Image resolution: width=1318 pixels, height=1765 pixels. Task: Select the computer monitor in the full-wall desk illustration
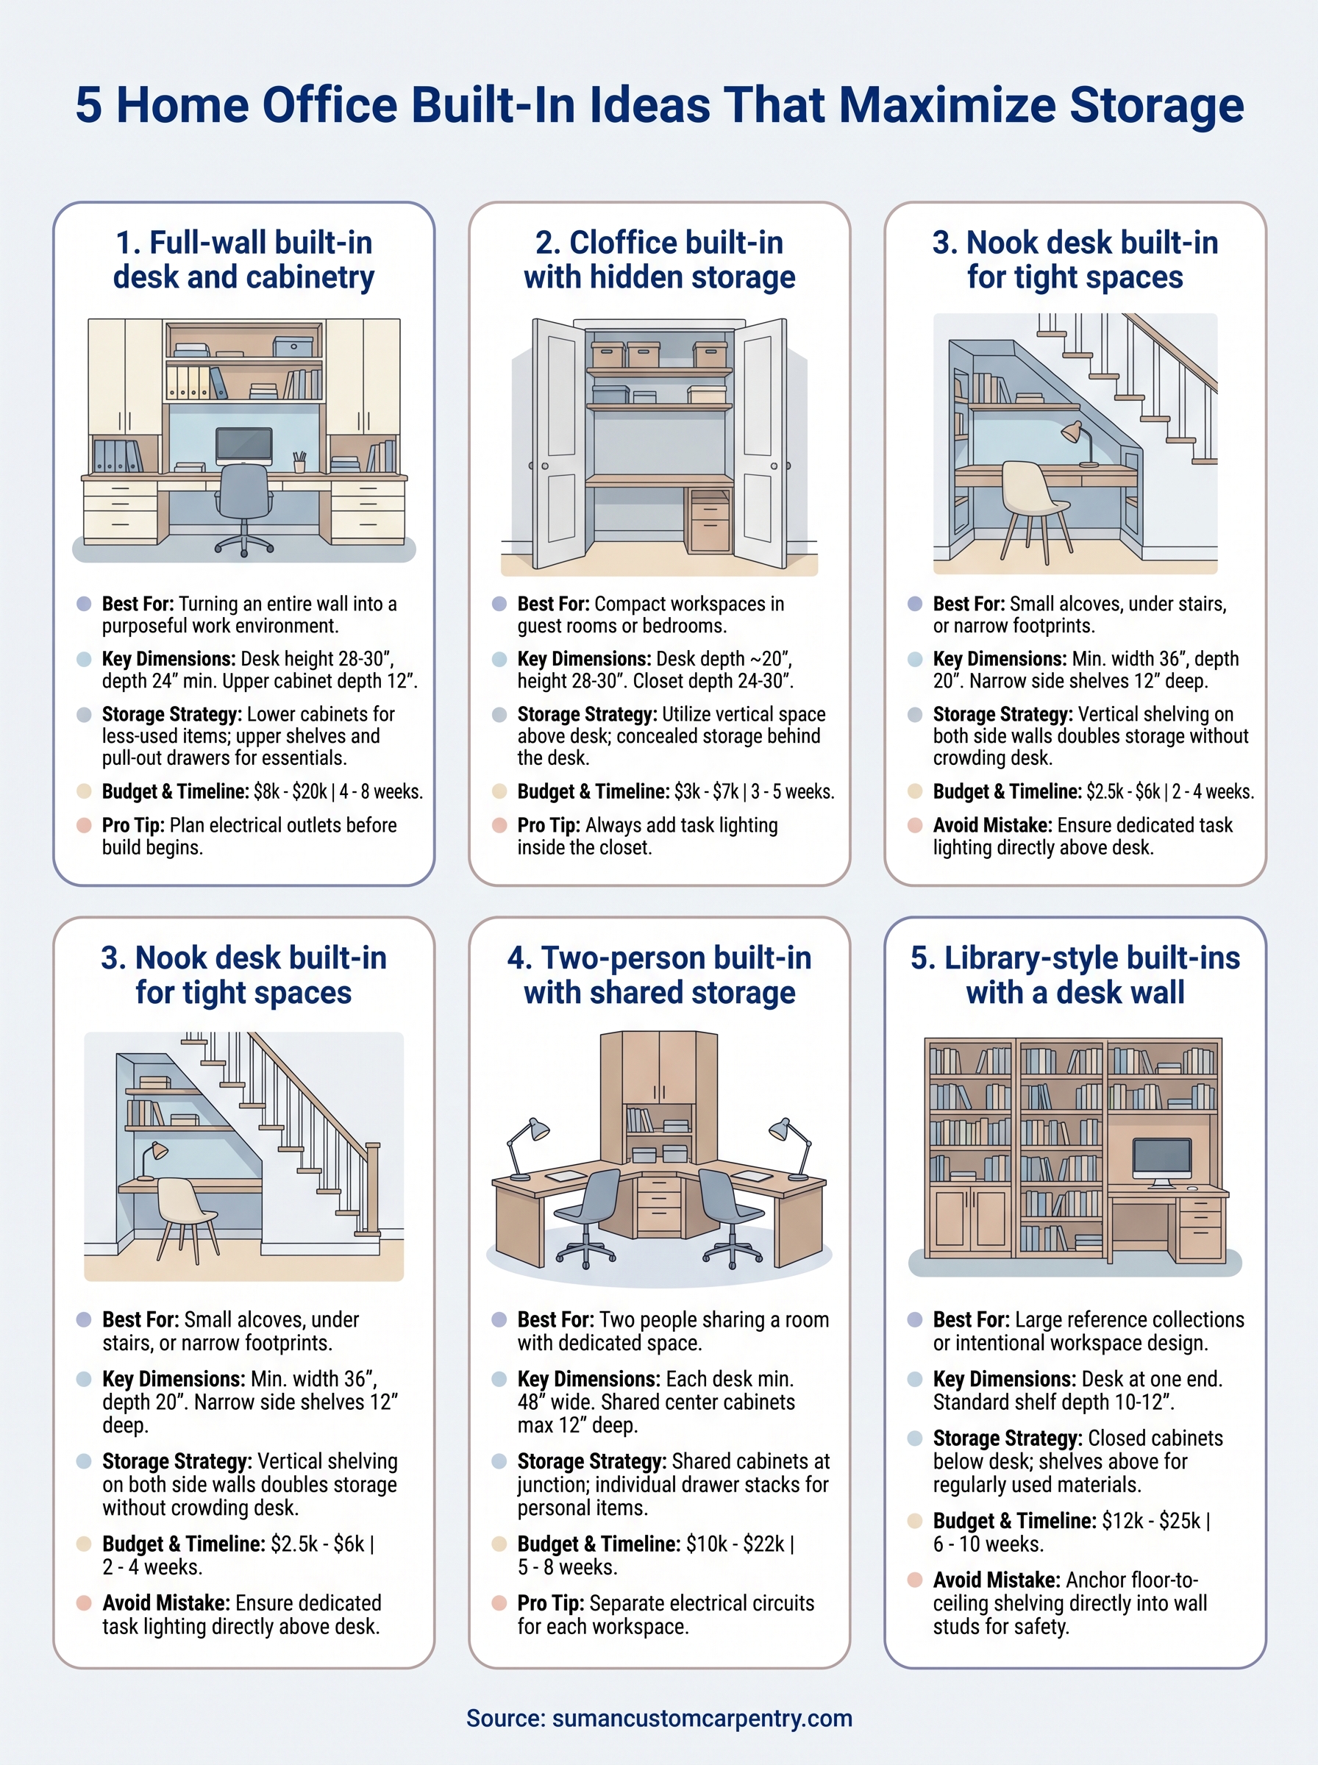tap(243, 445)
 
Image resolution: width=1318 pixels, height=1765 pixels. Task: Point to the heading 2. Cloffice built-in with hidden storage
tap(659, 260)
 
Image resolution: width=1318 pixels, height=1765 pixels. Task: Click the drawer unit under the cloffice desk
tap(708, 520)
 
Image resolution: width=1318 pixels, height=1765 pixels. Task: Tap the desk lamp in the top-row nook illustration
tap(1077, 443)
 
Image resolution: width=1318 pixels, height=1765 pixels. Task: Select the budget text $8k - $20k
tap(291, 792)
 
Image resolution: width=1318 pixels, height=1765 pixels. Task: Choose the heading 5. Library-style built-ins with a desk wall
tap(1075, 974)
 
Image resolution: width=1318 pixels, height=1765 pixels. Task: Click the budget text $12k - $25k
tap(1150, 1521)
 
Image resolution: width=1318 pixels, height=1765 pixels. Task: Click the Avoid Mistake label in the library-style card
tap(996, 1580)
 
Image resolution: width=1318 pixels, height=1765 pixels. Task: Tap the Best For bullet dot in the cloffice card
tap(499, 604)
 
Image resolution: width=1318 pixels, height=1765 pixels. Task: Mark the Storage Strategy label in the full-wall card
tap(171, 714)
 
